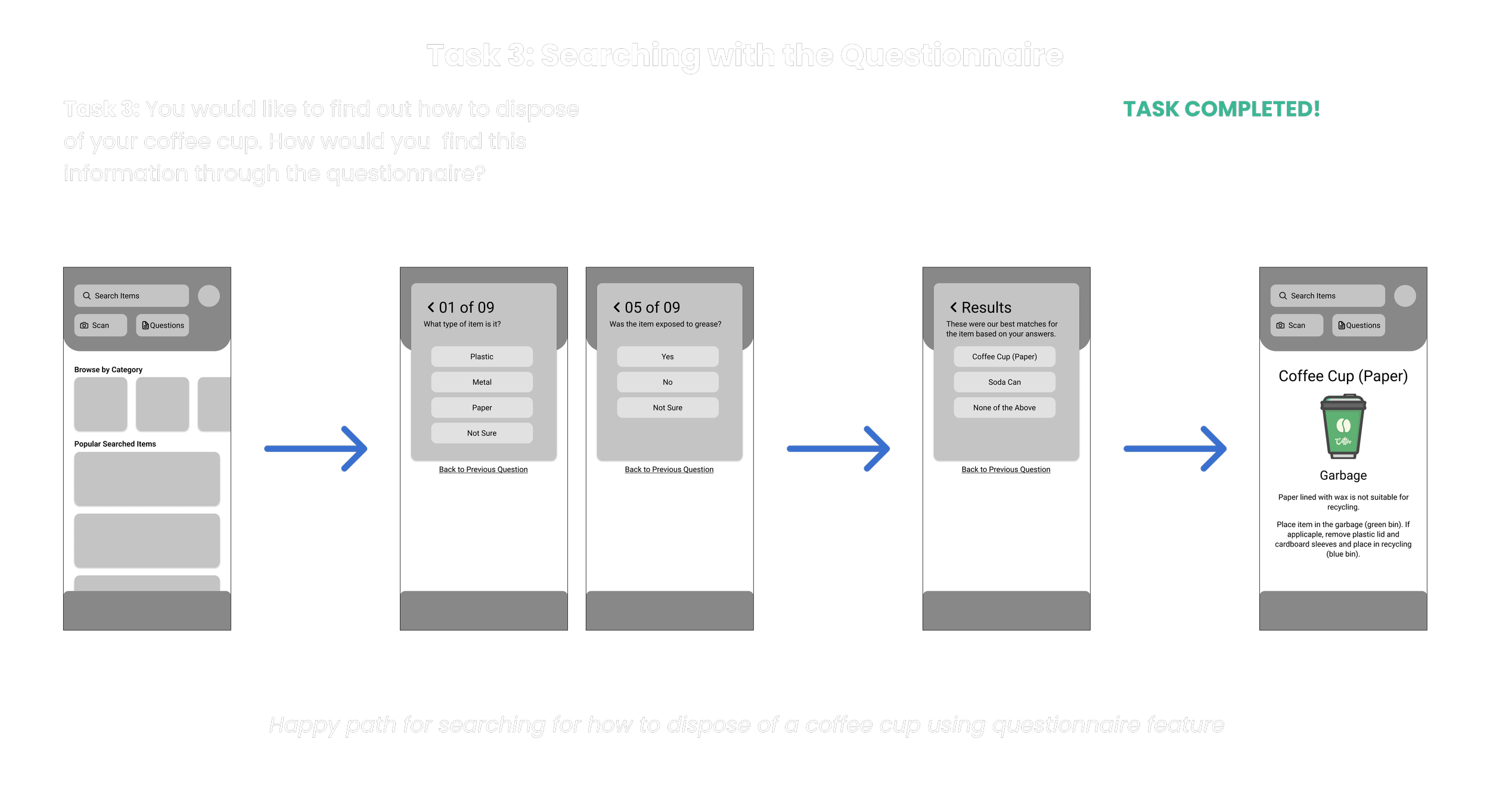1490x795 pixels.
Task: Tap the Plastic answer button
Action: (482, 357)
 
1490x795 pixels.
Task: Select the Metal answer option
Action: (482, 382)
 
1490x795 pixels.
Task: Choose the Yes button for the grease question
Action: (668, 357)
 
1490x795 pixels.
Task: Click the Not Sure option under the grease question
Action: (668, 408)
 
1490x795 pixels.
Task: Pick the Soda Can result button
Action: (1004, 382)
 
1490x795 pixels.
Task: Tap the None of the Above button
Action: (1004, 408)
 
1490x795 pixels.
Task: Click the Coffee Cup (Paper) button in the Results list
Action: (1004, 357)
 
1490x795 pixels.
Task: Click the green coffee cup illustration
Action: (1343, 426)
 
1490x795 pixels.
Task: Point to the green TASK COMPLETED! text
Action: (1221, 109)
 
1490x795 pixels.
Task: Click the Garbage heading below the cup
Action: (1343, 475)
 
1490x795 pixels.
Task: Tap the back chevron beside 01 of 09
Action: (431, 307)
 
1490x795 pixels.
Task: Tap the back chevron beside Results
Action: (954, 307)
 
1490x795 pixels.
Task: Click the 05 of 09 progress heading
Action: (652, 307)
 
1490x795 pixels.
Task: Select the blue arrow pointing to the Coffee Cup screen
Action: (1175, 449)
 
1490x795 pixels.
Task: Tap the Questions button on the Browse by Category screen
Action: (163, 326)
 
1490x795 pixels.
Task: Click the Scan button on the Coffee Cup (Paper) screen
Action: (1296, 326)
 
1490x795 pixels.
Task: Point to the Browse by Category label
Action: (108, 370)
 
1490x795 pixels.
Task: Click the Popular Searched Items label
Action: (115, 444)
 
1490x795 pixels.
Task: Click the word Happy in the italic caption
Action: (304, 725)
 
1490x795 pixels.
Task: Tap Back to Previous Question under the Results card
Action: (1005, 470)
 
